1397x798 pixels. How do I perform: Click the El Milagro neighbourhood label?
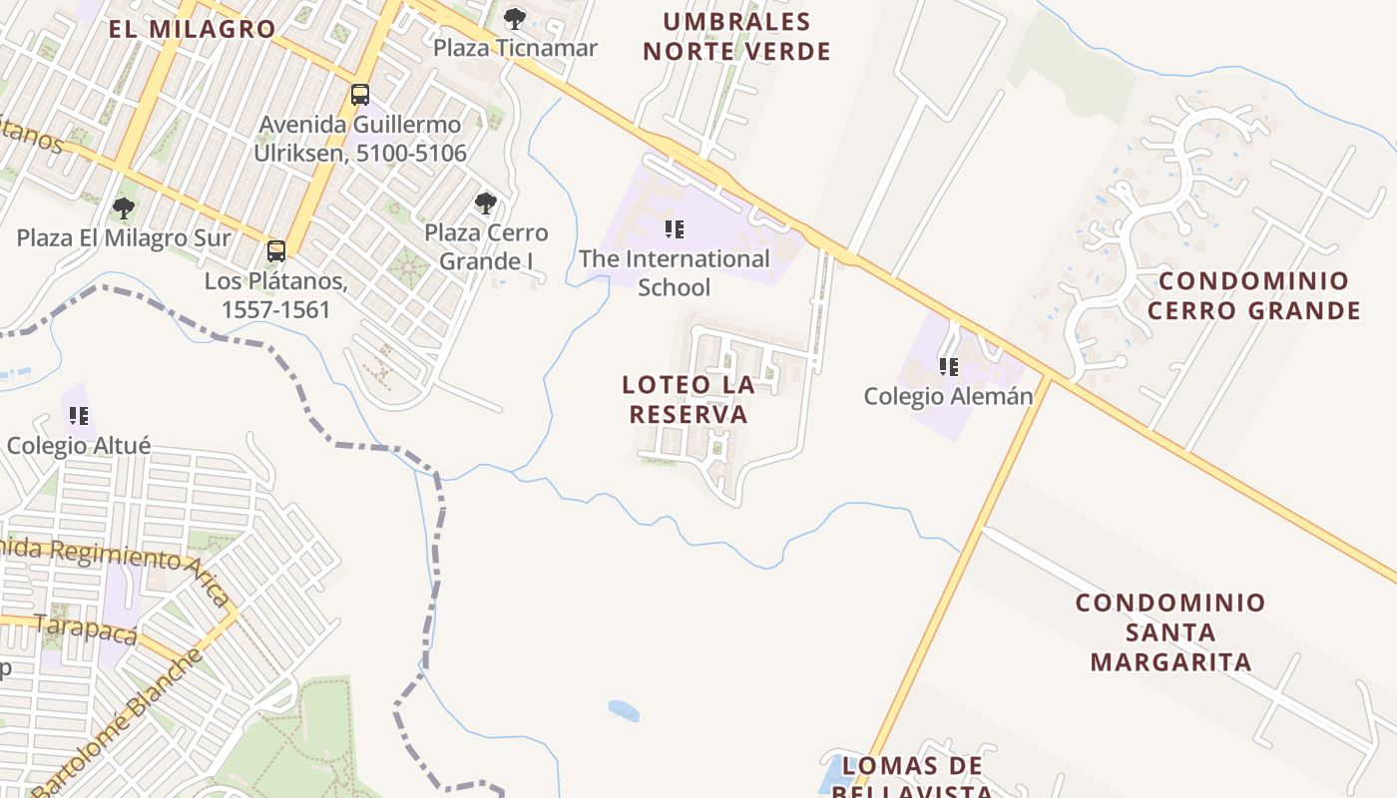[x=192, y=29]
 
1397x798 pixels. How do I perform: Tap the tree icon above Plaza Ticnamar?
[x=515, y=18]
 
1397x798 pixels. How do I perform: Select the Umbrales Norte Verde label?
[x=736, y=36]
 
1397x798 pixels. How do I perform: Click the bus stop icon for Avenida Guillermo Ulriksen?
[x=360, y=95]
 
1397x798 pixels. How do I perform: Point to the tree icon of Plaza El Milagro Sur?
[x=124, y=208]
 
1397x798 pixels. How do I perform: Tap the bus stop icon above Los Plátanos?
[x=276, y=251]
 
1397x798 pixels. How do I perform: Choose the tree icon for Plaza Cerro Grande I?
[x=486, y=203]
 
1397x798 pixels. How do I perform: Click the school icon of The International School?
[x=675, y=229]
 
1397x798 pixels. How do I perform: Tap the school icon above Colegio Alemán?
[x=948, y=367]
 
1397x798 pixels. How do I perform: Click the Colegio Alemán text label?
[x=948, y=396]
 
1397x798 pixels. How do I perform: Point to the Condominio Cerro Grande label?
[x=1253, y=295]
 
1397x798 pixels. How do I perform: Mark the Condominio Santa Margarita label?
[x=1170, y=632]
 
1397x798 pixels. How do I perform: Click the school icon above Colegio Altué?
[x=79, y=415]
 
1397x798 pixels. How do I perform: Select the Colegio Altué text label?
[x=79, y=445]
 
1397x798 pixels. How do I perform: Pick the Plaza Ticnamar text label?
[x=515, y=48]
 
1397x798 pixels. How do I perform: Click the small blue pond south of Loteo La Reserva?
[x=624, y=710]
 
